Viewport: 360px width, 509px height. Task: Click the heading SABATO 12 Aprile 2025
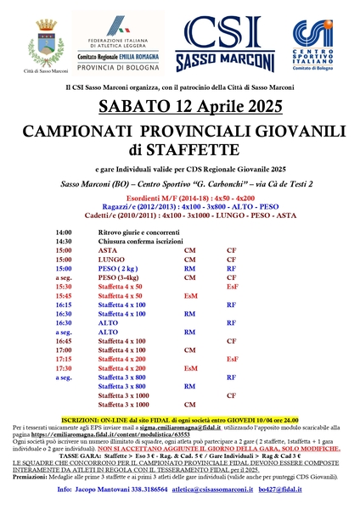click(x=179, y=105)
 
